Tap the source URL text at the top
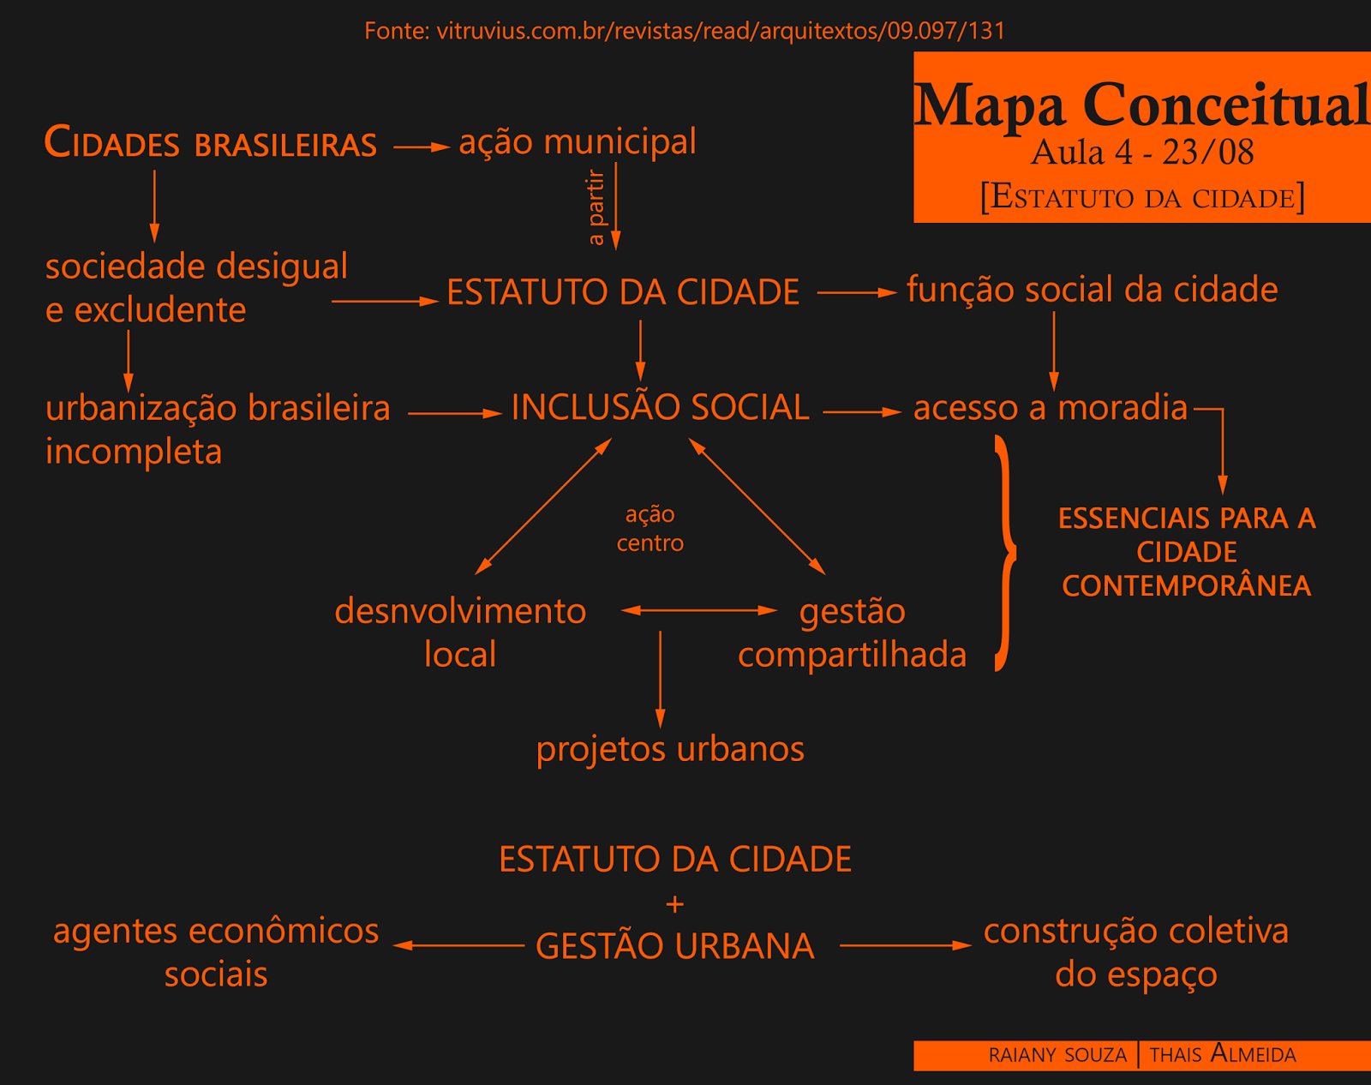coord(685,31)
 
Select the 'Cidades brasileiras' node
coord(211,143)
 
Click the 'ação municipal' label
coord(578,141)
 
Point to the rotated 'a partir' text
coord(596,207)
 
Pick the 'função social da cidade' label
coord(1092,290)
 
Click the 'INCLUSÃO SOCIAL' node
coord(660,407)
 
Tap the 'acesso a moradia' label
coord(1051,408)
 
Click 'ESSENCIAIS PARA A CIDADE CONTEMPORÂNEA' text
coord(1187,552)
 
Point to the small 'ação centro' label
coord(650,528)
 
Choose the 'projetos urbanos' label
coord(670,749)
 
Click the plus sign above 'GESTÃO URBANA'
coord(675,904)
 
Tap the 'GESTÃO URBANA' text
coord(675,946)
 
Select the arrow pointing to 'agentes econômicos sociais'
coord(458,945)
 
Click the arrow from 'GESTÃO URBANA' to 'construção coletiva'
coord(905,945)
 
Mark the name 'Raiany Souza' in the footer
coord(1057,1055)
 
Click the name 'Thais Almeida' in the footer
coord(1223,1054)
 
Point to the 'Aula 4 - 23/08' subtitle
coord(1141,153)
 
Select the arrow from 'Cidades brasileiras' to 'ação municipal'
coord(422,147)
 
